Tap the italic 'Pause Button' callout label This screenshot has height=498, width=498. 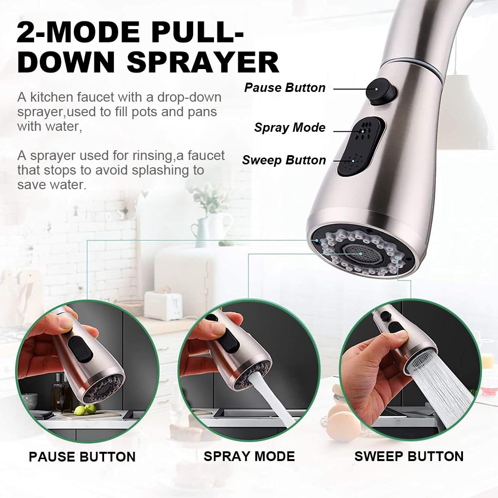(285, 88)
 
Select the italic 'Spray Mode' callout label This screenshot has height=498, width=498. (289, 128)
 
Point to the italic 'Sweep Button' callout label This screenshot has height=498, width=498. (284, 160)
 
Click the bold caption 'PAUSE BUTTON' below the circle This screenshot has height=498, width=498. (82, 457)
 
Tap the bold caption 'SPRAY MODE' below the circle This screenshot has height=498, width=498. (249, 456)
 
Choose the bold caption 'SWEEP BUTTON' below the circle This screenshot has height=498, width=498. (409, 456)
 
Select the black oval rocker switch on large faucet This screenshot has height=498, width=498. (361, 146)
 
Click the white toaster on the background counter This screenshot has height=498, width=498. (163, 305)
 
